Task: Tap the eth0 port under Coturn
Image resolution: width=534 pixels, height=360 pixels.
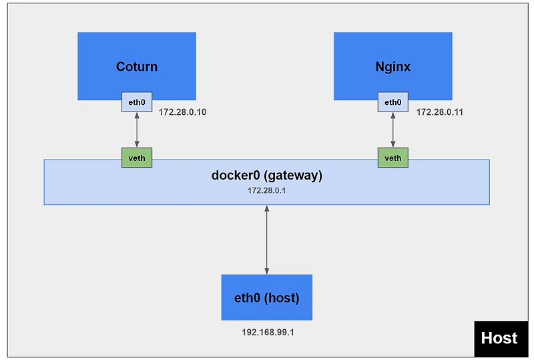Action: tap(137, 102)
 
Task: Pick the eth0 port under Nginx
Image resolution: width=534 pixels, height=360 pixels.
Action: tap(392, 102)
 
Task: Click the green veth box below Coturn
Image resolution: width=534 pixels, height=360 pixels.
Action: tap(137, 158)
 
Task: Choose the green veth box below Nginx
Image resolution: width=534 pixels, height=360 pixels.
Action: tap(393, 158)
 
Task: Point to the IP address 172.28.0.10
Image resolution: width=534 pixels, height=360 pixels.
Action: tap(182, 112)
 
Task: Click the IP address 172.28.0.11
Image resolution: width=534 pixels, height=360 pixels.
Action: tap(440, 112)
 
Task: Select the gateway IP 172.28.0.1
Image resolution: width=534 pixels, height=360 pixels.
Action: tap(266, 191)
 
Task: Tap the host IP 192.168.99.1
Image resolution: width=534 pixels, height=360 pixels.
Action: tap(266, 332)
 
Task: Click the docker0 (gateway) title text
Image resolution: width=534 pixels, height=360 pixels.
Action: tap(266, 176)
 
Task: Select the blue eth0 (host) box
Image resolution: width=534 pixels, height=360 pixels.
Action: tap(266, 298)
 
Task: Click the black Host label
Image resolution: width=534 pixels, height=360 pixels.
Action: tap(499, 338)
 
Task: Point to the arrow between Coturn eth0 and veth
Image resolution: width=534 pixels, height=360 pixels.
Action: tap(137, 130)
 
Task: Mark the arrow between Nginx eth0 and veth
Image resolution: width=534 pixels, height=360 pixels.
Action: tap(392, 130)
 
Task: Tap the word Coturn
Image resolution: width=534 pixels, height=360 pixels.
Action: tap(137, 67)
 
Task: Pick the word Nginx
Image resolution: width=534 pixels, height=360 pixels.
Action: tap(392, 67)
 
